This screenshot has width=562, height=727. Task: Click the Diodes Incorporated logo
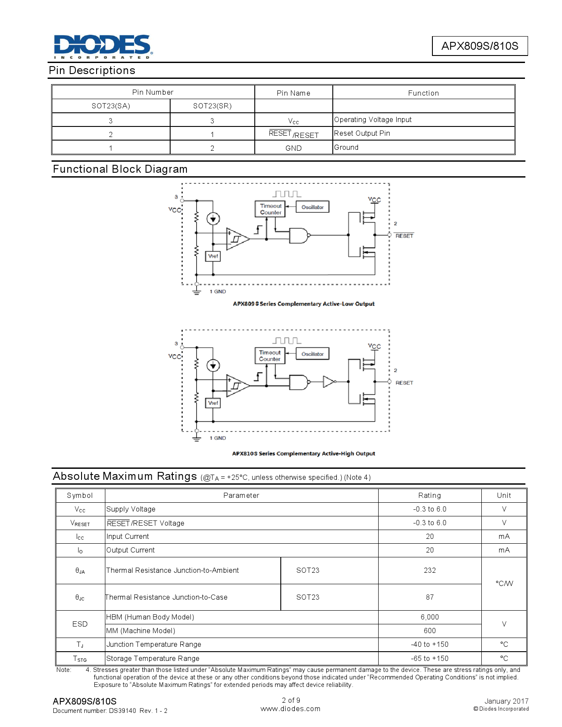tap(103, 46)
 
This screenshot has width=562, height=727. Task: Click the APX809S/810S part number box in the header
tap(480, 46)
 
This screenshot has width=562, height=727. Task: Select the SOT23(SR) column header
tap(212, 106)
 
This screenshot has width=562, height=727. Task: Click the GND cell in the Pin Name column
tap(293, 148)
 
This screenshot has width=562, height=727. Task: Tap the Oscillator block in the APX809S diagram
tap(313, 207)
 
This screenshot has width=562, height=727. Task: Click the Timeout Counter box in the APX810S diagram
tap(270, 356)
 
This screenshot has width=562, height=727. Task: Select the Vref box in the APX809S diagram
tap(213, 256)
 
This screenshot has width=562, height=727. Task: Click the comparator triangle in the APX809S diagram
tap(237, 238)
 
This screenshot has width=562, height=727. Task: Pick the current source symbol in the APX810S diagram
tap(213, 365)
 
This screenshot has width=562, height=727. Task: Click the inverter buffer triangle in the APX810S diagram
tap(328, 382)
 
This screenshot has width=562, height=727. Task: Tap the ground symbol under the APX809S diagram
tap(197, 292)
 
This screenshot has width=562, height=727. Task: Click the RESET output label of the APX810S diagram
tap(404, 383)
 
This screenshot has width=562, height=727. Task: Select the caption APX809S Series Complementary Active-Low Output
tap(304, 304)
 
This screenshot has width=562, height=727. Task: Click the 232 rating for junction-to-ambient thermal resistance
tap(430, 570)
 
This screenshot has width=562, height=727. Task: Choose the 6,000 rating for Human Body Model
tap(430, 617)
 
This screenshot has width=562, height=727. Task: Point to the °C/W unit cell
tap(504, 584)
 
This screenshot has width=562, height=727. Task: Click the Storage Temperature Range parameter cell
tap(153, 658)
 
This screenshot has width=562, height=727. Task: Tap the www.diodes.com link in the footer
tap(290, 709)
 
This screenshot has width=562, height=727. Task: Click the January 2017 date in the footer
tap(506, 701)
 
